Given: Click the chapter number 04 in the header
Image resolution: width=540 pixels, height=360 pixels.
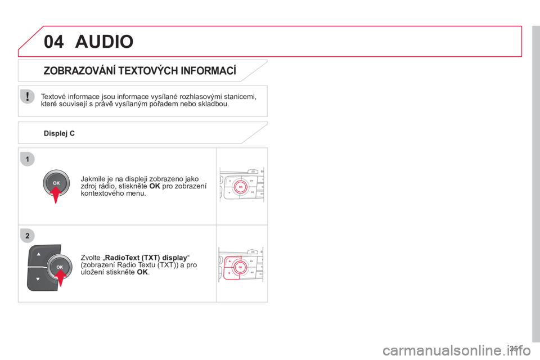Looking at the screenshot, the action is pyautogui.click(x=54, y=42).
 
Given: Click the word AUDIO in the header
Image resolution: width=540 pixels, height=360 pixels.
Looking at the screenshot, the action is pyautogui.click(x=105, y=42).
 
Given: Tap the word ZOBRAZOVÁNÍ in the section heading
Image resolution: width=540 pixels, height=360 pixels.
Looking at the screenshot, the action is pyautogui.click(x=79, y=71).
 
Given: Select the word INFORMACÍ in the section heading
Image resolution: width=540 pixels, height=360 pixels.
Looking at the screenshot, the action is pyautogui.click(x=208, y=71).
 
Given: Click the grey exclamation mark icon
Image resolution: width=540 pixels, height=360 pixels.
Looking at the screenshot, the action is pyautogui.click(x=27, y=96).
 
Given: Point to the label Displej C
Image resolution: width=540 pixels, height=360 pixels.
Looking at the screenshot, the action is pyautogui.click(x=59, y=133).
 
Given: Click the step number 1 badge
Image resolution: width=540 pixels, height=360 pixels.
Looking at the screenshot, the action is pyautogui.click(x=28, y=159).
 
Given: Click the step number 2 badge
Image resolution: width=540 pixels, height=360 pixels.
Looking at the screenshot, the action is pyautogui.click(x=28, y=236).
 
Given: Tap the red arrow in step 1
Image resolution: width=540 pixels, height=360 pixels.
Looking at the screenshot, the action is pyautogui.click(x=56, y=195).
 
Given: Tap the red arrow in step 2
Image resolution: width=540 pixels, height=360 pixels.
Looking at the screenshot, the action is pyautogui.click(x=60, y=278).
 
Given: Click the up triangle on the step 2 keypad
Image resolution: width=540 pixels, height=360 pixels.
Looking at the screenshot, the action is pyautogui.click(x=39, y=254).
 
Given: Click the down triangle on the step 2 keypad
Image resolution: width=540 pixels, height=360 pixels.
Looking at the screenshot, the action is pyautogui.click(x=38, y=279).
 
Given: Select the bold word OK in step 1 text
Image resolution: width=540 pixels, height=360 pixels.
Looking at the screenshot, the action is pyautogui.click(x=155, y=186).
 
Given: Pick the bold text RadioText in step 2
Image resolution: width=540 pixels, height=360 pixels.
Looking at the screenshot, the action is pyautogui.click(x=122, y=258).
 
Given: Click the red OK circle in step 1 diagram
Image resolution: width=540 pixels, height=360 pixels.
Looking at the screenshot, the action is pyautogui.click(x=241, y=187).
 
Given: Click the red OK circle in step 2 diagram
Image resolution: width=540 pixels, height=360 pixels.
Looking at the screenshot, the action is pyautogui.click(x=240, y=267).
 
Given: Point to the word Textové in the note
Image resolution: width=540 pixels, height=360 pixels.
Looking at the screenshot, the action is pyautogui.click(x=53, y=96).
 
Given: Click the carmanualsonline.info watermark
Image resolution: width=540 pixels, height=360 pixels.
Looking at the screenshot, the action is pyautogui.click(x=457, y=350).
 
